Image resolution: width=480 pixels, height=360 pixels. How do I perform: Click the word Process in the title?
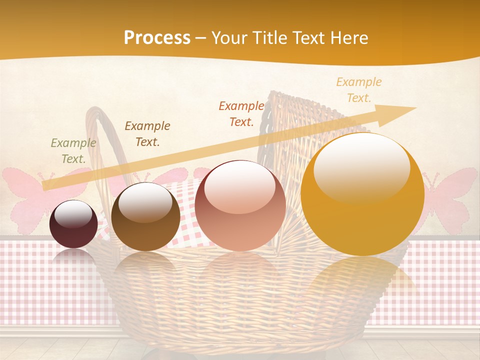(x=157, y=37)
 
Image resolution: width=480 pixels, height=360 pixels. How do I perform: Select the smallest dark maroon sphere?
(x=73, y=224)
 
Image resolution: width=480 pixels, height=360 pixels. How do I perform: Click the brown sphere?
(x=145, y=216)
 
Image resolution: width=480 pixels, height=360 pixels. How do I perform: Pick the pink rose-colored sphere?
(x=240, y=205)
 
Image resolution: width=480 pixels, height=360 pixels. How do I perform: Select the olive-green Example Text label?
(x=73, y=151)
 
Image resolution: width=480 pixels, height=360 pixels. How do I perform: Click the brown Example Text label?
(x=147, y=134)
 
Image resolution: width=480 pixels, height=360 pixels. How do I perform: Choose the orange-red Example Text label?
(x=241, y=113)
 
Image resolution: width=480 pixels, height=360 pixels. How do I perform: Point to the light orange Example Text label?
(x=359, y=90)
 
